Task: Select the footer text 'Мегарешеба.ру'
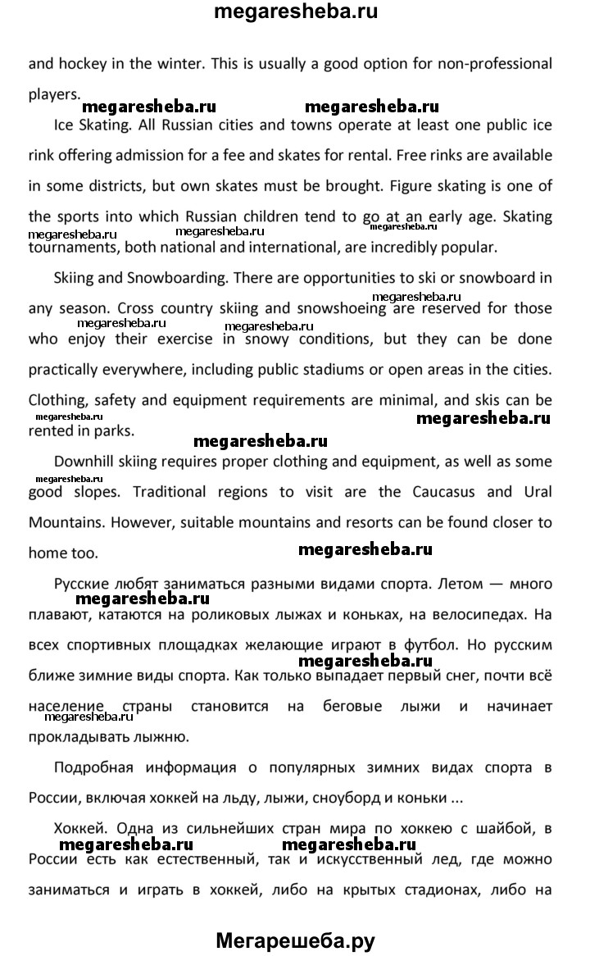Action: pyautogui.click(x=295, y=941)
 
